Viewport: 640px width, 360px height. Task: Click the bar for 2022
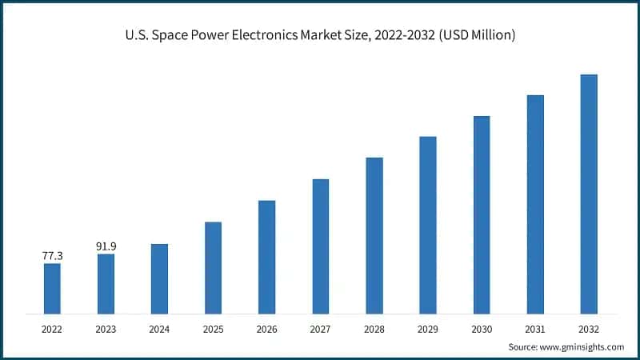click(52, 288)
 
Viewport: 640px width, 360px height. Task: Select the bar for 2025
click(213, 267)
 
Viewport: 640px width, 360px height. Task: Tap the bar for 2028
click(374, 235)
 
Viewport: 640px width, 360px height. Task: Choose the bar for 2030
click(481, 214)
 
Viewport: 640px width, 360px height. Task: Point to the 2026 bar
click(266, 257)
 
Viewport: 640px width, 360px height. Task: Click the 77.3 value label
click(52, 255)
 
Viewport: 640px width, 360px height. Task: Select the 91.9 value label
click(106, 246)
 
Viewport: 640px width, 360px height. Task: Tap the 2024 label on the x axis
click(159, 328)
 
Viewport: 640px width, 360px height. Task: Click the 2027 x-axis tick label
click(320, 328)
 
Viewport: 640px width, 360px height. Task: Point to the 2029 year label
click(427, 328)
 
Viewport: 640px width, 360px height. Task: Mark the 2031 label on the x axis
click(534, 328)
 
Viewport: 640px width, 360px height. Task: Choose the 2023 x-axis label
click(106, 328)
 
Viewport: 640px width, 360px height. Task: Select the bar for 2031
click(535, 204)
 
